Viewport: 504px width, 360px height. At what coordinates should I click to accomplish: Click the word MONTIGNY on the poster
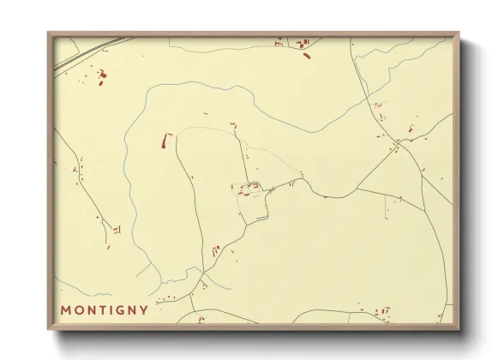104,310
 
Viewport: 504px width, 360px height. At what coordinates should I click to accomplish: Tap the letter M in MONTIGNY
65,310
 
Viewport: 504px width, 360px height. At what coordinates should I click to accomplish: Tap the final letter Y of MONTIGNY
144,310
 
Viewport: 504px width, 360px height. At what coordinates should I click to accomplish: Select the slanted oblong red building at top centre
307,56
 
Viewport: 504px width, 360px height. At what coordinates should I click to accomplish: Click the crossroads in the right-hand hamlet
399,142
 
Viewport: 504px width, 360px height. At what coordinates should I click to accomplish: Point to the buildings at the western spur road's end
116,230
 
